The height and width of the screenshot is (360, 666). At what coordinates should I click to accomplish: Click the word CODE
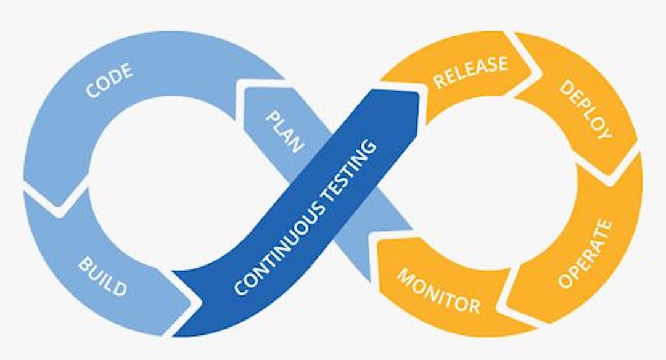pos(110,81)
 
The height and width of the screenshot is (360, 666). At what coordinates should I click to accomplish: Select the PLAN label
pos(286,131)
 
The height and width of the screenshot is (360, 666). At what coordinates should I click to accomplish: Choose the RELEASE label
pos(470,72)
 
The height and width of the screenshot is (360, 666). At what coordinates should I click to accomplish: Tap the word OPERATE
pos(585,253)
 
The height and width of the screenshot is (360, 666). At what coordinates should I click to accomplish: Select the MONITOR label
pos(438,290)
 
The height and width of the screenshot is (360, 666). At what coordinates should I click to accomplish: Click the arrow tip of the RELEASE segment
pos(531,68)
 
